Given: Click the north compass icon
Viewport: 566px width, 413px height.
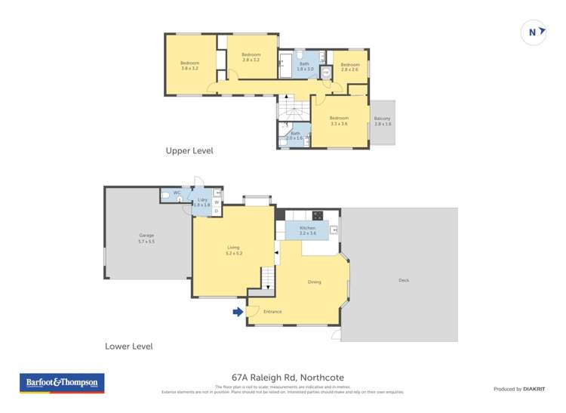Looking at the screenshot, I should coord(534,32).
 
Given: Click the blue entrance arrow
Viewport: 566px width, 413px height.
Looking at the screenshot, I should coord(238,311).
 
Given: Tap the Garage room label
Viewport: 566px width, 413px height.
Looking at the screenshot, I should coord(146,238).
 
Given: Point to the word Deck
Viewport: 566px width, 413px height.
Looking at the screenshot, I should coord(404,280).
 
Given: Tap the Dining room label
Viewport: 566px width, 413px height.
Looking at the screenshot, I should coord(314,282).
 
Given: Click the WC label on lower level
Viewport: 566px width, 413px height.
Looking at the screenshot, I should coord(177,193).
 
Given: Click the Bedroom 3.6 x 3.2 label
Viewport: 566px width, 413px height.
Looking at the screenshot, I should coord(189,65).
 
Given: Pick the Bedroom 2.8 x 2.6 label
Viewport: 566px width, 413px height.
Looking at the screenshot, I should coord(350,67).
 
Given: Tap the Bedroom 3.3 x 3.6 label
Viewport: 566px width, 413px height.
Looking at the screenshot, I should coord(339,120).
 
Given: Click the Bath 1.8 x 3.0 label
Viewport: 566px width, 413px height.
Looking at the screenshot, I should coord(305,66).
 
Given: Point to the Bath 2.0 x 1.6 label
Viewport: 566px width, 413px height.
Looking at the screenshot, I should coord(295,136).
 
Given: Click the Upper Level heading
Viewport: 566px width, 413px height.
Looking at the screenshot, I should coord(189,151).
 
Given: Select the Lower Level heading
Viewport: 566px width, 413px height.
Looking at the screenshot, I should coord(129,347).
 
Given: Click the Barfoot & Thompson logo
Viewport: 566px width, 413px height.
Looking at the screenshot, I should coord(62,383).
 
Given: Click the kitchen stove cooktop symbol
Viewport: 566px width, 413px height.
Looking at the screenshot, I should coord(317,215).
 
